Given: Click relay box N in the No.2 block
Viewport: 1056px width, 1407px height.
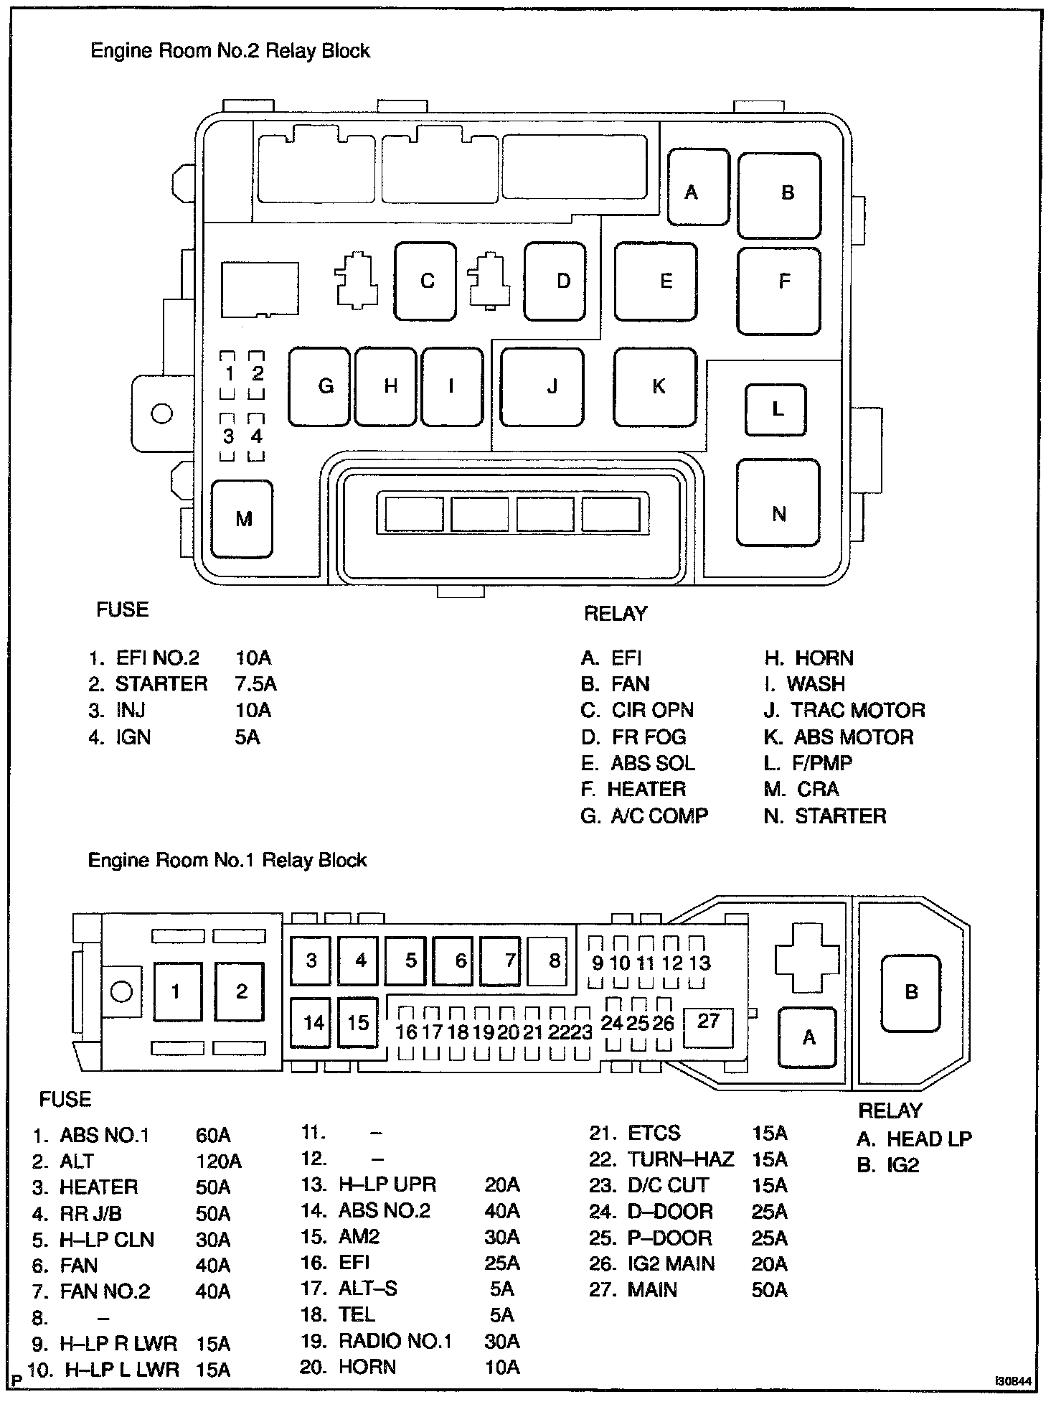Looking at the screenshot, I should [x=778, y=502].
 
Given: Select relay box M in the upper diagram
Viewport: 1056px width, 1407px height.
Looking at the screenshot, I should [x=243, y=519].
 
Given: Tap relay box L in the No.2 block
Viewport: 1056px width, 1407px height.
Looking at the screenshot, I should [x=775, y=410].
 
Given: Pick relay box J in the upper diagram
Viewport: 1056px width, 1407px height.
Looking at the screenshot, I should [x=542, y=388].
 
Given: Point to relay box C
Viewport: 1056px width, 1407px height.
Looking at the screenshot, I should [x=425, y=281].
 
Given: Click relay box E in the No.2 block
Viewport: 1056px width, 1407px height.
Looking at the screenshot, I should [x=656, y=281].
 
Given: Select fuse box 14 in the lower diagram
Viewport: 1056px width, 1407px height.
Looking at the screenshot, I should [x=312, y=1022].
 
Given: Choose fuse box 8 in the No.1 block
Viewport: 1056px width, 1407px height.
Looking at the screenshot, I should [x=552, y=961].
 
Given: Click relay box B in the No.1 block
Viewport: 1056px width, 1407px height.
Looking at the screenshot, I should [x=910, y=993].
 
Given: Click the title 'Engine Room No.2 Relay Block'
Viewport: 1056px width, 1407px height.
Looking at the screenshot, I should [x=230, y=51].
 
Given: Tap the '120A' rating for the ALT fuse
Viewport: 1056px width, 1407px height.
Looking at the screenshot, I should [x=218, y=1161].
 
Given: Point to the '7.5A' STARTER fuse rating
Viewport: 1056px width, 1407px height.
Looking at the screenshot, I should [x=255, y=684].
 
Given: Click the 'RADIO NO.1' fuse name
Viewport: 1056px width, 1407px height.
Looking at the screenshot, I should [x=395, y=1341].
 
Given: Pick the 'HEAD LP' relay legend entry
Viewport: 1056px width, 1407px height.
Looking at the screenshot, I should [x=929, y=1139].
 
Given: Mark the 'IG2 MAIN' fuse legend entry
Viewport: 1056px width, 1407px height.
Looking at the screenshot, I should [x=671, y=1263].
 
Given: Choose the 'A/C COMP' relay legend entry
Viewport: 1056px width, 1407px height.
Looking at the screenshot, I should [x=659, y=816].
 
